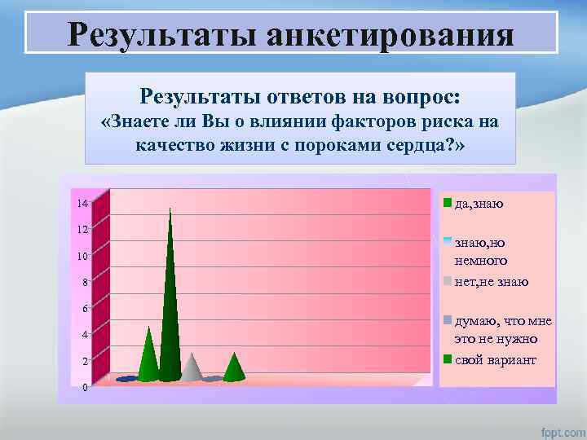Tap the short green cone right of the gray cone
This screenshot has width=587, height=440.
click(x=234, y=369)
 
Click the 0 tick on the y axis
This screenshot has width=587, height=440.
click(x=85, y=387)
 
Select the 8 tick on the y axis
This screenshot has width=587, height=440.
click(x=83, y=283)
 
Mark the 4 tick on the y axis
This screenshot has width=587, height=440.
click(x=83, y=335)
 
